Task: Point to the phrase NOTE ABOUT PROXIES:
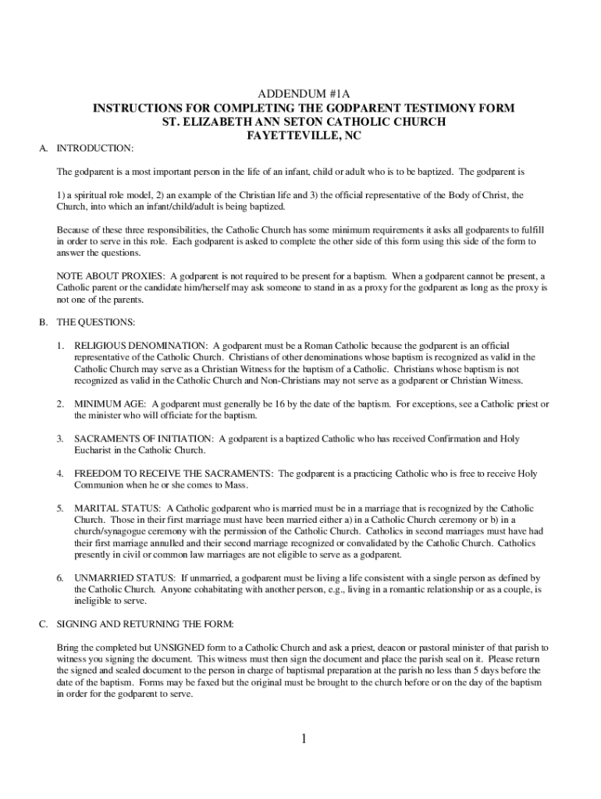pos(112,276)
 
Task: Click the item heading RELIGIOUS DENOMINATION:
pos(141,345)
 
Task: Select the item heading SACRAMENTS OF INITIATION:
pos(144,439)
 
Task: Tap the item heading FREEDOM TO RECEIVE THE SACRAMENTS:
pos(173,474)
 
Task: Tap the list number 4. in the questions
pos(59,474)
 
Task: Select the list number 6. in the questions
pos(59,578)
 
